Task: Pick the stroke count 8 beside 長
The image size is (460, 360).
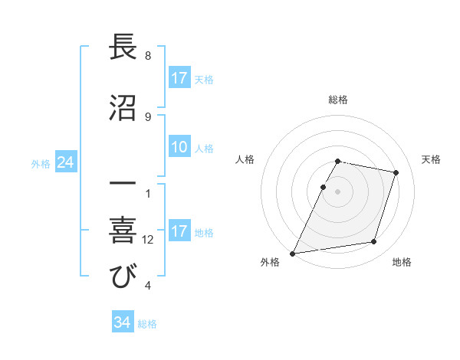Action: pos(148,56)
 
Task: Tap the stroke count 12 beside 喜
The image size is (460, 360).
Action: pos(148,240)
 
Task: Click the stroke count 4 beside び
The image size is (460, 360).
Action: pos(148,286)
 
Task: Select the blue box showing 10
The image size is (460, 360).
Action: pos(179,147)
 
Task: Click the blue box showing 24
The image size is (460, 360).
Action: pos(65,162)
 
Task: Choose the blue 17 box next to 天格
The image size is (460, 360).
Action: pos(179,78)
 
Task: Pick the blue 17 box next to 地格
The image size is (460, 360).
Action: pos(179,231)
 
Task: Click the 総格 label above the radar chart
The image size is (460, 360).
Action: pos(338,100)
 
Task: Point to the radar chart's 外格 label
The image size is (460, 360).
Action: pos(270,263)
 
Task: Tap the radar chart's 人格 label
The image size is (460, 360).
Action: pos(245,159)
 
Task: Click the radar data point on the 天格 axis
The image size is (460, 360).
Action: pos(396,172)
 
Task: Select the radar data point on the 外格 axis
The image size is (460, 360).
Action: pos(293,254)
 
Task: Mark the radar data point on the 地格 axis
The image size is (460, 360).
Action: pos(374,242)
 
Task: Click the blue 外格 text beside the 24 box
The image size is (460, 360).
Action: pos(41,163)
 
